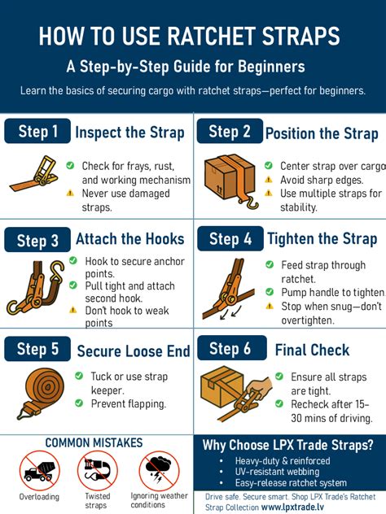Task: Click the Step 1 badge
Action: click(x=37, y=132)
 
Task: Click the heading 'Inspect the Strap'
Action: click(x=133, y=133)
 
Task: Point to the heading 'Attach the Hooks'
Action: click(x=130, y=240)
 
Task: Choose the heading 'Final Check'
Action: click(x=312, y=351)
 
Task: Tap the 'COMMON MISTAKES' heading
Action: click(x=94, y=443)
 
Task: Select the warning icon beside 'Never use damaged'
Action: click(x=70, y=194)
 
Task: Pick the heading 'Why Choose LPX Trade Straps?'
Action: click(x=288, y=445)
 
